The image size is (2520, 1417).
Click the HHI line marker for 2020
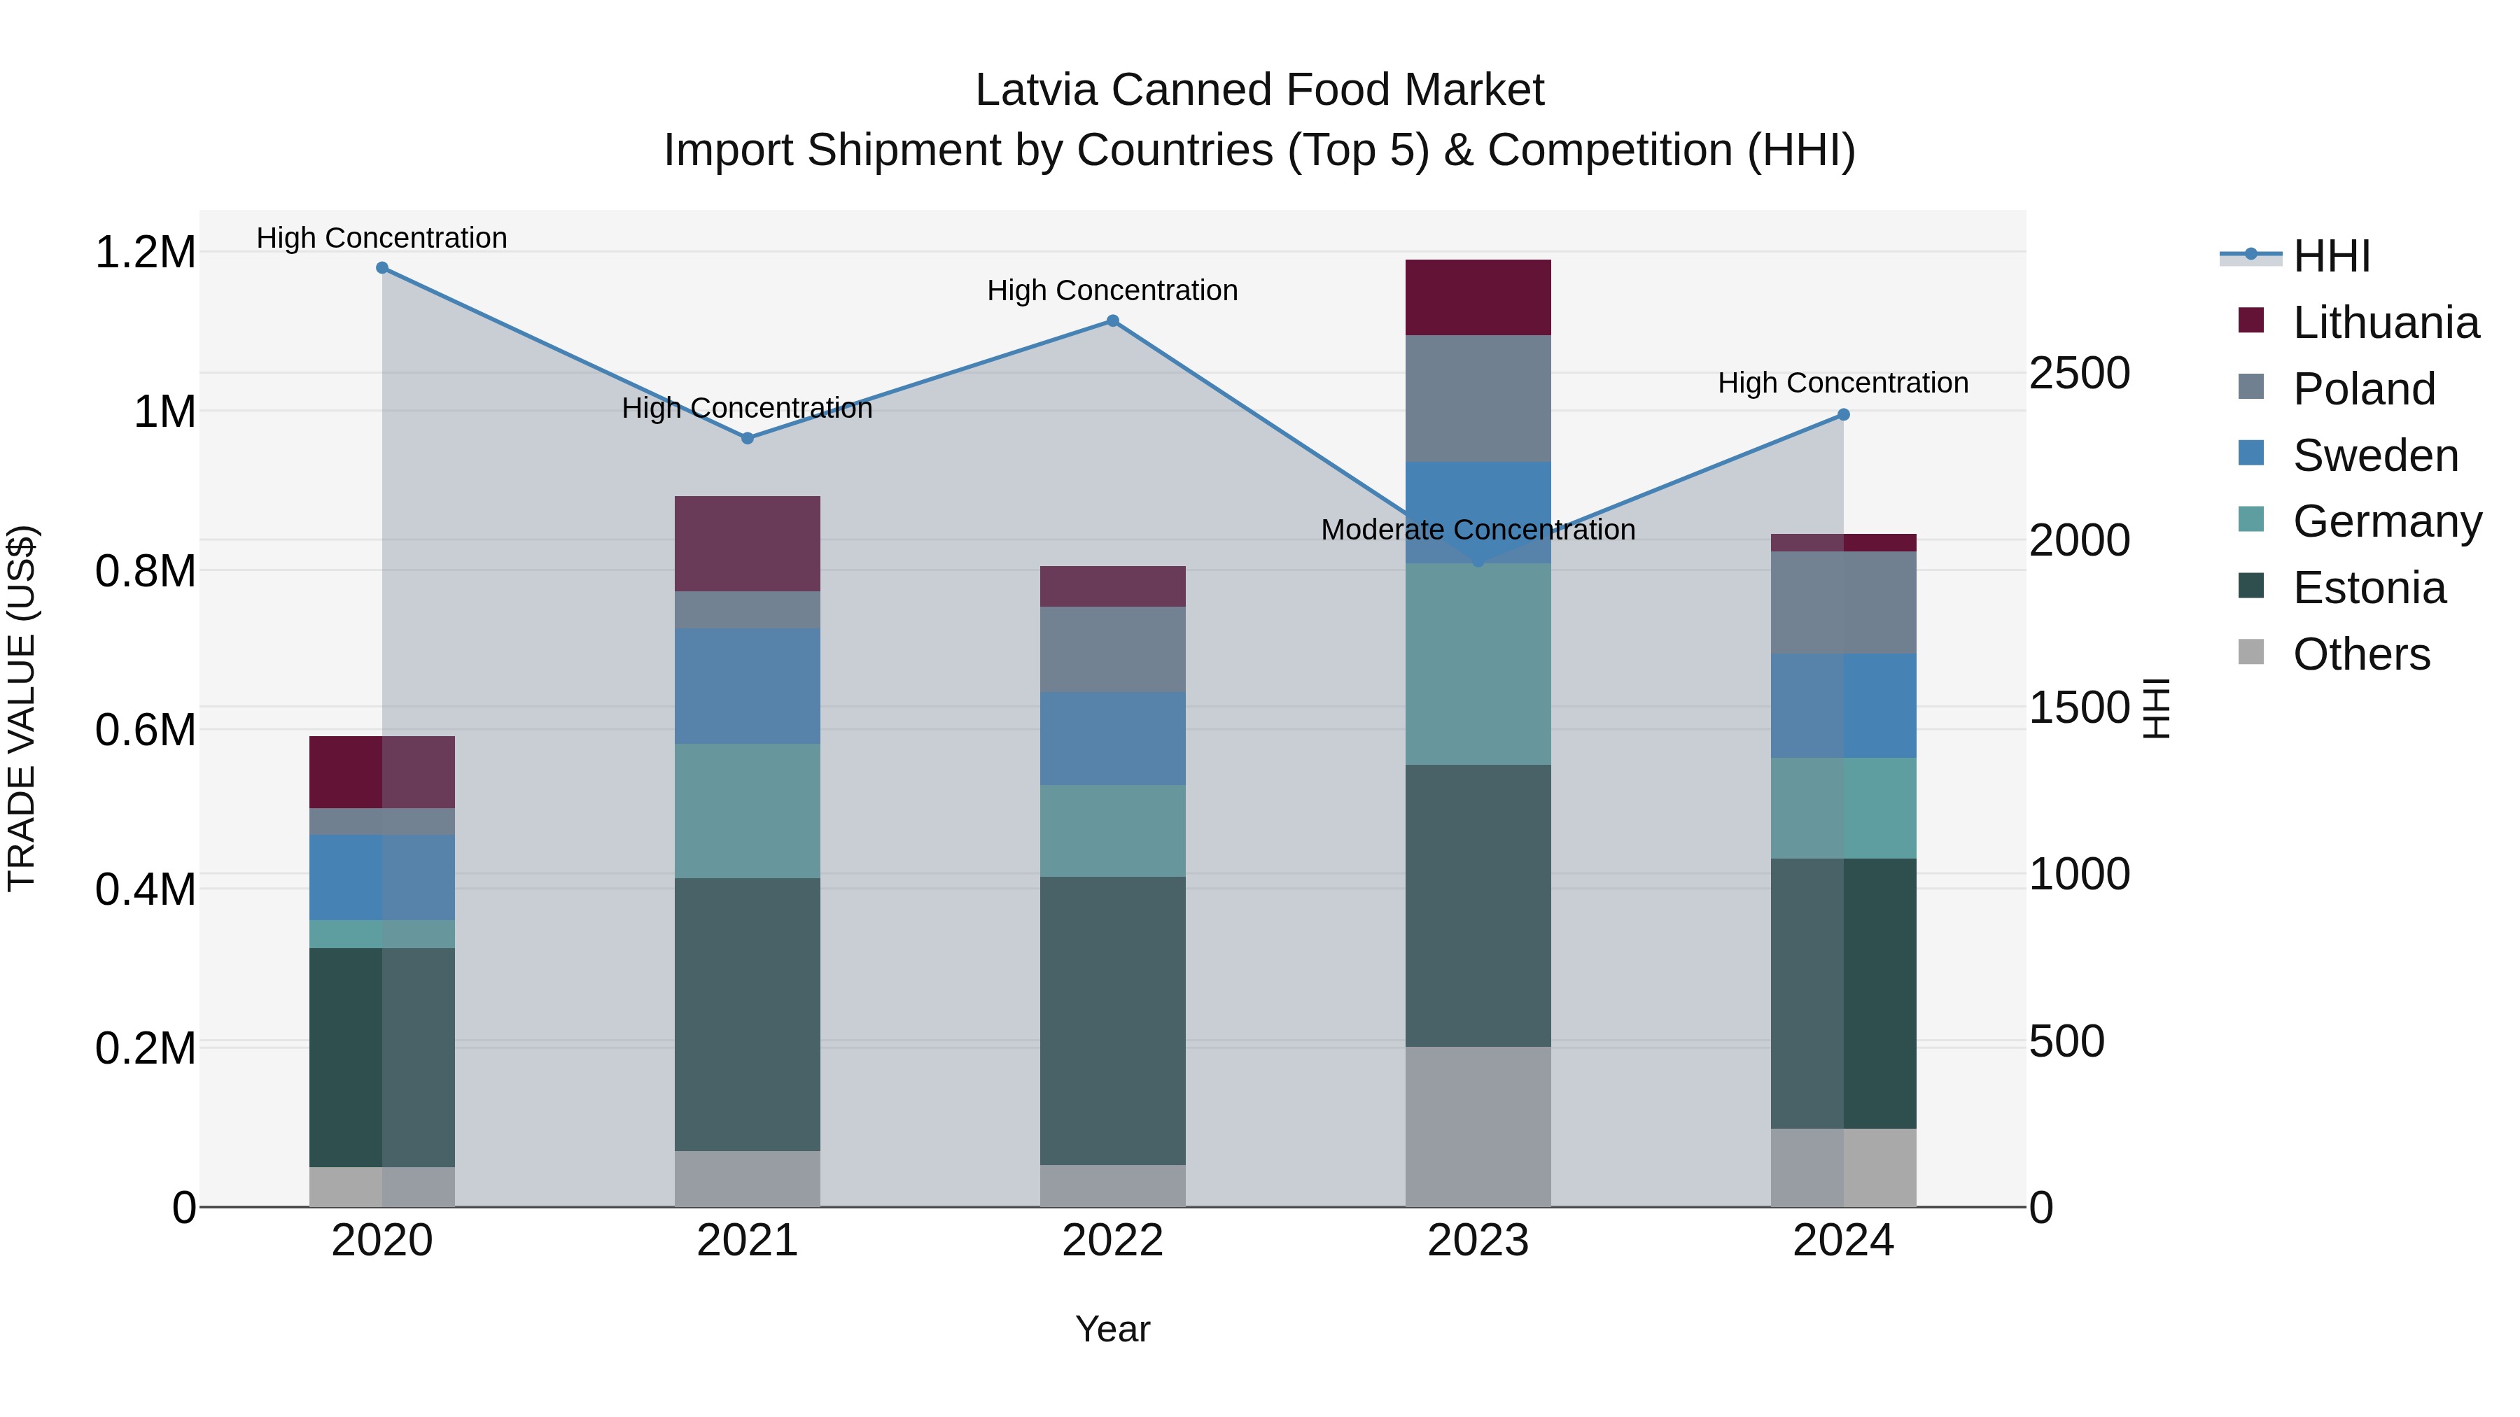coord(381,268)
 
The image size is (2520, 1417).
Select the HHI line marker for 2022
coord(1112,320)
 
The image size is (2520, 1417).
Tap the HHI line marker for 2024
coord(1843,415)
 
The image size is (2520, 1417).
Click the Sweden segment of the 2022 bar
coord(1112,738)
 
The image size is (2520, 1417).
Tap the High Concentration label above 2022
coord(1112,290)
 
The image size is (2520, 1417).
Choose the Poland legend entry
coord(2363,389)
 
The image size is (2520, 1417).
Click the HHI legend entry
coord(2330,256)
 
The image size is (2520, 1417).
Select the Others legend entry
coord(2360,654)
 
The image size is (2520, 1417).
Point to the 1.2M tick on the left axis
coord(145,253)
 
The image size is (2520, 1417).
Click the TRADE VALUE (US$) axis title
coord(22,708)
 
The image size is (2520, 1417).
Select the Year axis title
coord(1112,1329)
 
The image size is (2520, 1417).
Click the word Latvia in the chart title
coord(1036,90)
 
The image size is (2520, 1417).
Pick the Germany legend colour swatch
coord(2250,520)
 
